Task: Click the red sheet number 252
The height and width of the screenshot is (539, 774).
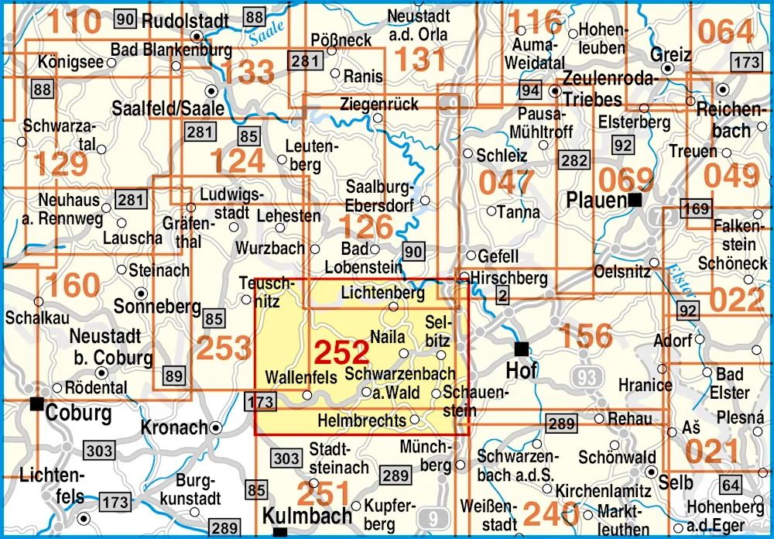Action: coord(341,352)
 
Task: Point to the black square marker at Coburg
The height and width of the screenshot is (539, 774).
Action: coord(36,403)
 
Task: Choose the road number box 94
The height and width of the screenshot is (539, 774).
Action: coord(530,91)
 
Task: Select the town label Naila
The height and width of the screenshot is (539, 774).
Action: coord(389,337)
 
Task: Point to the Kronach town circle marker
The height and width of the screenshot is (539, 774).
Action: coord(216,427)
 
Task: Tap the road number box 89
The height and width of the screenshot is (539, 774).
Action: coord(176,377)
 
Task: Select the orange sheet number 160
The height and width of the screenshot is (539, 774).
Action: coord(73,285)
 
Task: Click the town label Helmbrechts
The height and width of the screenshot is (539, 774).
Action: coord(361,421)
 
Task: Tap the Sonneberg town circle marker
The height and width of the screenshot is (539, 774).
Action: coord(141,294)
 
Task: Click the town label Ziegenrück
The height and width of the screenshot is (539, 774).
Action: coord(379,104)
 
